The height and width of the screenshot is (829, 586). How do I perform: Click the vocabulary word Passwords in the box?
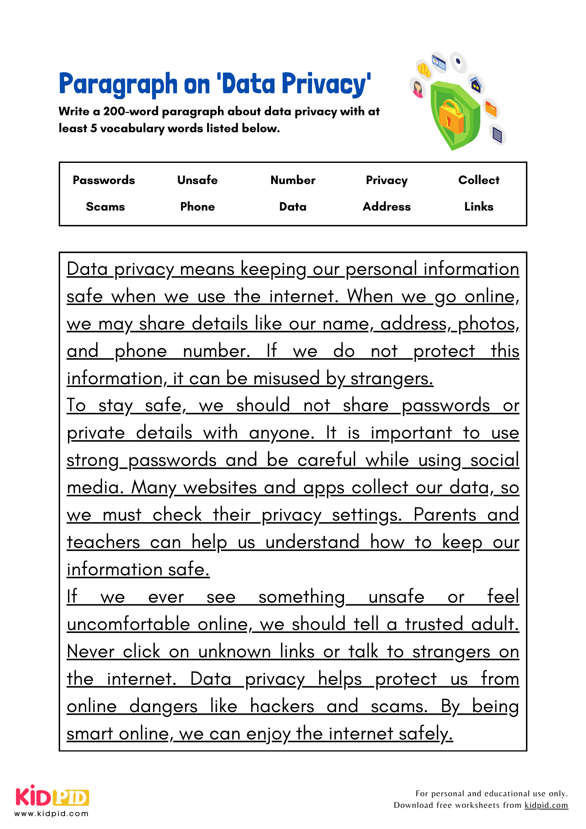tap(104, 180)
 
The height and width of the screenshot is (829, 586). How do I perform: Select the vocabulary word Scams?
tap(105, 206)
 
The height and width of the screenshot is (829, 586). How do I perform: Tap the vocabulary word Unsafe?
tap(197, 180)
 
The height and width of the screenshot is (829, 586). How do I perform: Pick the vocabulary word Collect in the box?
tap(479, 180)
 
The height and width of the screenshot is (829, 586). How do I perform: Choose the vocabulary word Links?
tap(479, 206)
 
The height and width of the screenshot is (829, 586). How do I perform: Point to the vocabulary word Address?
tap(387, 206)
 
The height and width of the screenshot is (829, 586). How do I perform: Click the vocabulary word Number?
tap(293, 180)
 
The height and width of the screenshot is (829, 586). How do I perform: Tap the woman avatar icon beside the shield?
tap(418, 88)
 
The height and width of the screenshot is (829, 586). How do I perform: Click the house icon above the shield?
tap(476, 85)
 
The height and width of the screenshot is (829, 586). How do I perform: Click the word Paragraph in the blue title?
tap(118, 84)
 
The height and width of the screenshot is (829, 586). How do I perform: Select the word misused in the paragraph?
tap(287, 378)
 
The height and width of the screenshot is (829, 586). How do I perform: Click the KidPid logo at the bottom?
tap(52, 797)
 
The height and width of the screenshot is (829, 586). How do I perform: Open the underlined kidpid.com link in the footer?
tap(546, 805)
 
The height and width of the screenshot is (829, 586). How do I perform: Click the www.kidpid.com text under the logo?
tap(51, 814)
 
